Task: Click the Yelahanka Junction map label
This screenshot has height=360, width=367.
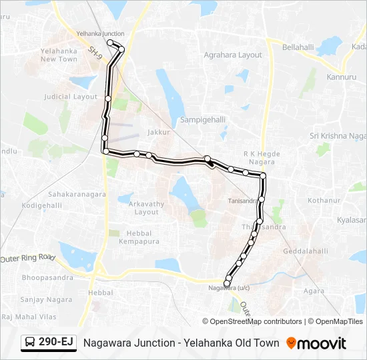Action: [100, 33]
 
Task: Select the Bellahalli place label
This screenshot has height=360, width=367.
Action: [298, 48]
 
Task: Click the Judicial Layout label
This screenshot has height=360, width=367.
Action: [71, 97]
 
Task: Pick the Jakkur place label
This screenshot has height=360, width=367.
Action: [159, 132]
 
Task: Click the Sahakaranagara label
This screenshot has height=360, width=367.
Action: [77, 194]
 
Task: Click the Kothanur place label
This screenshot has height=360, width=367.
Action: [324, 200]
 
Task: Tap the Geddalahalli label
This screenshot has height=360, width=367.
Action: [306, 251]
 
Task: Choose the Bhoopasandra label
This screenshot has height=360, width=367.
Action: [47, 277]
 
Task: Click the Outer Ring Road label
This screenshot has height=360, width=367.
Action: [27, 258]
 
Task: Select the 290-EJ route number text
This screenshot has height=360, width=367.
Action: [56, 343]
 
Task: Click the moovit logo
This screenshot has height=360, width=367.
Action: [316, 343]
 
